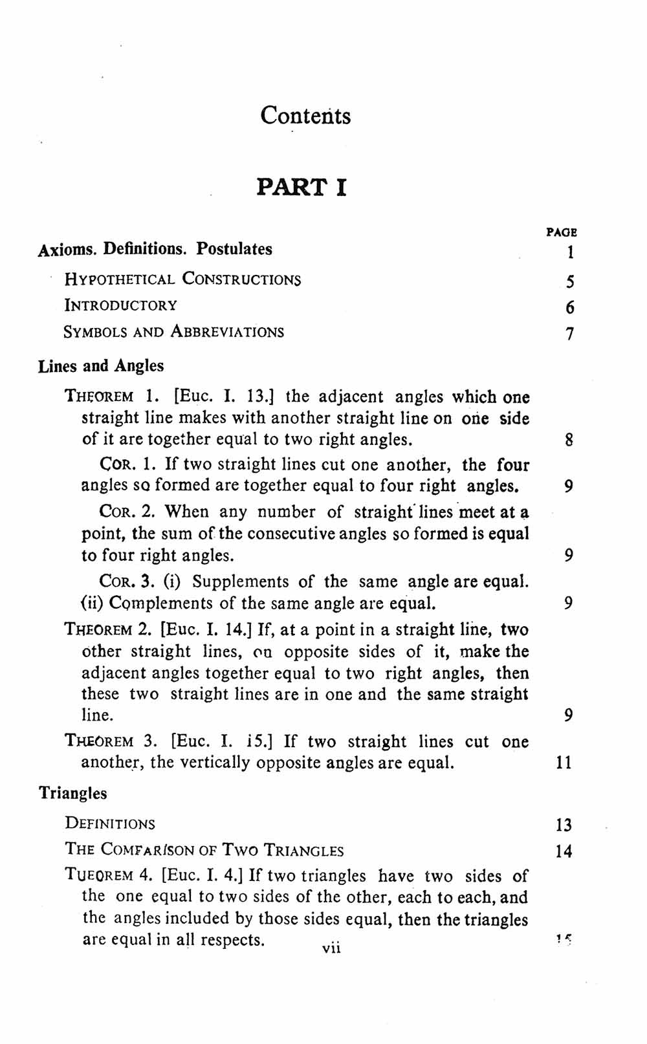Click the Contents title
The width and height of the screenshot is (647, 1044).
[305, 116]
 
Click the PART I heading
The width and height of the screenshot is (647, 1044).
[302, 187]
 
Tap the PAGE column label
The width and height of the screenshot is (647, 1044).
[561, 232]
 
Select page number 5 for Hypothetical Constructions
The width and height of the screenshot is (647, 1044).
[569, 281]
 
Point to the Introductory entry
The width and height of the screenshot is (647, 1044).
[120, 305]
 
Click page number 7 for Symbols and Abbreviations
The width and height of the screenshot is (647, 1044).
[569, 334]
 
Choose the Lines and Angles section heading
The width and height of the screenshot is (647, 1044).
[101, 366]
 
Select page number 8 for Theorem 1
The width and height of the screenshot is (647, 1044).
[569, 440]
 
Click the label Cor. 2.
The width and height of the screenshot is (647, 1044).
[127, 512]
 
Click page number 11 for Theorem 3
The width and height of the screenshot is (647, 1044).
[564, 763]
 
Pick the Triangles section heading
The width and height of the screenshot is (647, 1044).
[73, 793]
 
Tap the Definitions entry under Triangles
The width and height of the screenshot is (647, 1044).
[110, 824]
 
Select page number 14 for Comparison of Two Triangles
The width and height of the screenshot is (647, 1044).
[564, 851]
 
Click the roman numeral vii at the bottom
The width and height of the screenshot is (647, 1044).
[331, 949]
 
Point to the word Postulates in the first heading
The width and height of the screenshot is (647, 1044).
[234, 249]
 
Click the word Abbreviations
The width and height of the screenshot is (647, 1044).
[227, 332]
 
